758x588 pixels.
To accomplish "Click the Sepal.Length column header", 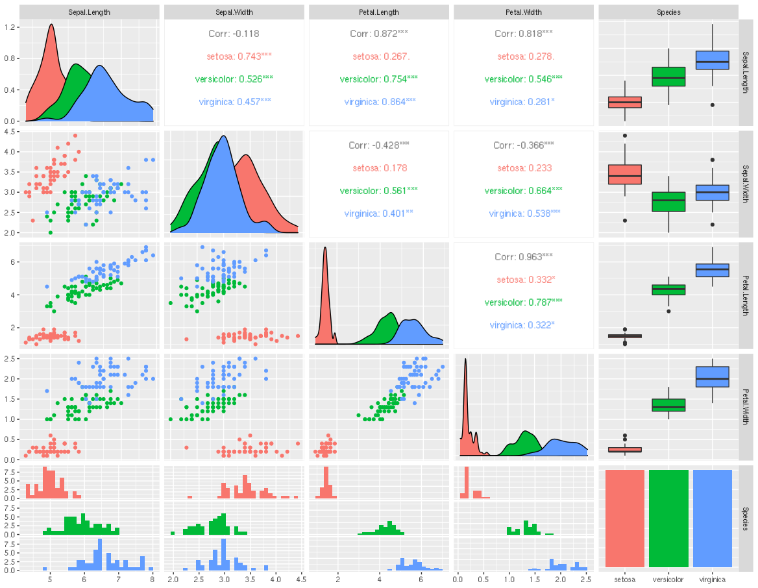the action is point(89,12).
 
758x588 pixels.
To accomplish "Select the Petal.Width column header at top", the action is point(524,12).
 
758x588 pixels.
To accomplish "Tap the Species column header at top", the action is point(668,12).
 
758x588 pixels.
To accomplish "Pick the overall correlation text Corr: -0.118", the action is point(234,34).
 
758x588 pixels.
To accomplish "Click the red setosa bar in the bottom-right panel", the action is point(624,519).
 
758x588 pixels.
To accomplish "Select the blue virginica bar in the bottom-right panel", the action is point(713,519).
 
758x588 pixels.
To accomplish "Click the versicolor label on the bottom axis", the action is point(668,580).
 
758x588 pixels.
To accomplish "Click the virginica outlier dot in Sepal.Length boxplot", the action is point(713,105).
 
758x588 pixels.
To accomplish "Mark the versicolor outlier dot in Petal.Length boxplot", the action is point(668,312).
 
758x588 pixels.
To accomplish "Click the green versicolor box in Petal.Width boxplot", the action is point(668,405).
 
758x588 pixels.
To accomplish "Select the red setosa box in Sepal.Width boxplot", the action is point(624,175).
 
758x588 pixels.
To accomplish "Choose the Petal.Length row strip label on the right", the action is point(746,295).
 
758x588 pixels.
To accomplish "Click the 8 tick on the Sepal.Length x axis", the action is point(153,580).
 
